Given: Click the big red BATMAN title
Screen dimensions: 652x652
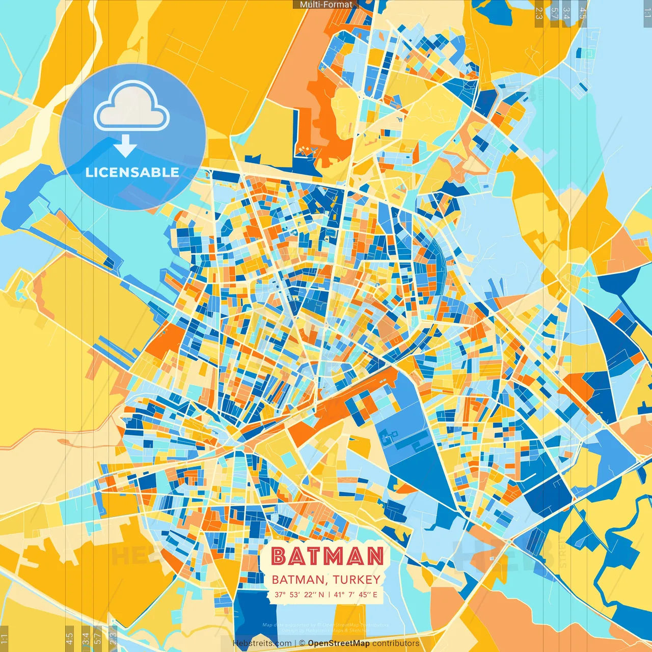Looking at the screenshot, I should (x=327, y=556).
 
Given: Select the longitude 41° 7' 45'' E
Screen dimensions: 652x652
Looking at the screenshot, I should (x=356, y=594).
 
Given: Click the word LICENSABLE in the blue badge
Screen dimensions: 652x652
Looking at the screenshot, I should (x=132, y=172).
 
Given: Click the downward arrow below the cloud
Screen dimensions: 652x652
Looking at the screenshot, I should (x=125, y=147).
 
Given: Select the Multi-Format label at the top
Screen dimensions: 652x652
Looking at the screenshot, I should (x=326, y=5).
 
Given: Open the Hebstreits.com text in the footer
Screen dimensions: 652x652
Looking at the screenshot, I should (x=262, y=643).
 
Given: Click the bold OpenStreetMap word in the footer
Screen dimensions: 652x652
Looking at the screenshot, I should (x=339, y=643).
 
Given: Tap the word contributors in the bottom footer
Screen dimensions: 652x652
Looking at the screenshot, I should (x=396, y=643).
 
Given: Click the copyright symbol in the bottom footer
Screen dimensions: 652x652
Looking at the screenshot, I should (x=302, y=643).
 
